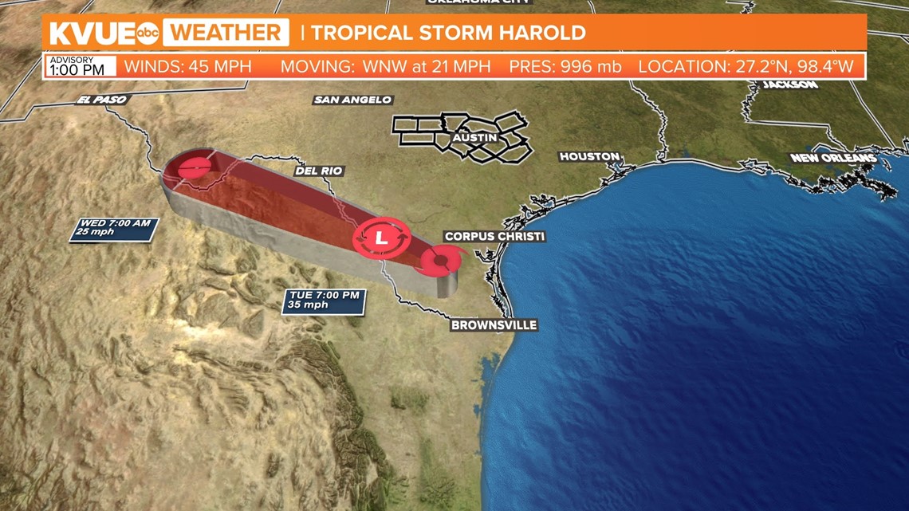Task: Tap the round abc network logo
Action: click(149, 33)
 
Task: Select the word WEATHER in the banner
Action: click(226, 33)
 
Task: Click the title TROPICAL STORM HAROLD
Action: click(448, 33)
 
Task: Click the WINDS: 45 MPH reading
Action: click(187, 66)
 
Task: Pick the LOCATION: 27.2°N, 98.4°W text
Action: click(750, 66)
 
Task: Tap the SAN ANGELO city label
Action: click(352, 100)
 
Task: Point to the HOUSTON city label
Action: click(589, 156)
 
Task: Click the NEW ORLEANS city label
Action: click(832, 158)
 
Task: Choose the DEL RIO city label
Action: click(319, 171)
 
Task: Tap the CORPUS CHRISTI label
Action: click(494, 236)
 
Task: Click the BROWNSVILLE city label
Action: click(494, 325)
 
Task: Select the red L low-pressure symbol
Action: click(381, 237)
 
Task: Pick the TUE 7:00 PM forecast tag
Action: click(324, 300)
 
